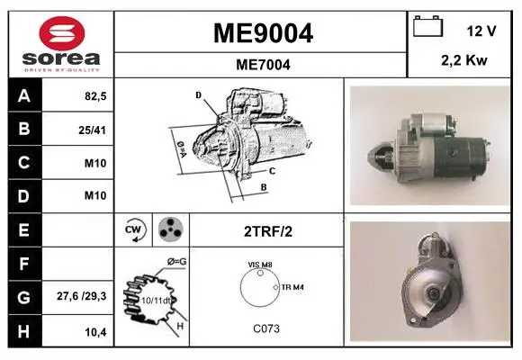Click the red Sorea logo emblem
pyautogui.click(x=62, y=33)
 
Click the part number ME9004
pyautogui.click(x=263, y=33)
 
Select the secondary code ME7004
pyautogui.click(x=263, y=65)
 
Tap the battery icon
pyautogui.click(x=427, y=26)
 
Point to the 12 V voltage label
pyautogui.click(x=481, y=31)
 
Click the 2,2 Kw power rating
pyautogui.click(x=464, y=60)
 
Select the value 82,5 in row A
pyautogui.click(x=95, y=96)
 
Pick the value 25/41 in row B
pyautogui.click(x=92, y=130)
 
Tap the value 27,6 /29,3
pyautogui.click(x=82, y=296)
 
